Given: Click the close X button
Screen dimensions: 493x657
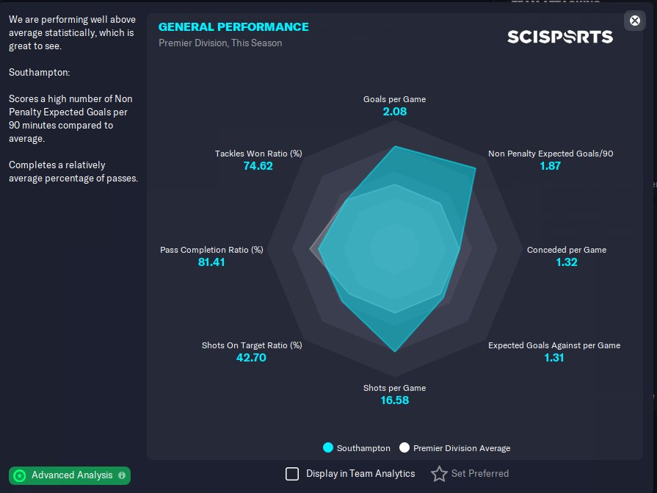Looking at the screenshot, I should tap(635, 21).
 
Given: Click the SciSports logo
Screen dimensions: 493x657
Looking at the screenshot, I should tap(560, 36).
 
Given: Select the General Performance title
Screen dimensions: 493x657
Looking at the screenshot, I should tap(233, 27).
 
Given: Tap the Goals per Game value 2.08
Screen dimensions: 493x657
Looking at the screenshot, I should tap(394, 112).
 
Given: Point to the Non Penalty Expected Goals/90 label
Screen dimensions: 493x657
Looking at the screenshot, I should tap(551, 154).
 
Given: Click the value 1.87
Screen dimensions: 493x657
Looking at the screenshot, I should tap(550, 166).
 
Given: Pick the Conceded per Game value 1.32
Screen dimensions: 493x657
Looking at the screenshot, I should tap(567, 262).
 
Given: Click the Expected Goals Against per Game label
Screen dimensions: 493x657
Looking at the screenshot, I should tap(554, 345).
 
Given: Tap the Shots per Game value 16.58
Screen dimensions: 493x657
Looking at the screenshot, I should tap(394, 400).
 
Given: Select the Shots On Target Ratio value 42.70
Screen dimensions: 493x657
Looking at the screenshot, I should tap(251, 358).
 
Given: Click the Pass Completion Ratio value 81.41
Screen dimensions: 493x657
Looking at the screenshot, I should tap(211, 262).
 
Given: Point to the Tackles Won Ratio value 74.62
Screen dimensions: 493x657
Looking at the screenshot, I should tap(258, 166).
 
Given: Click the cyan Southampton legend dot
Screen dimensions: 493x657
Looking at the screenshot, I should tap(328, 447).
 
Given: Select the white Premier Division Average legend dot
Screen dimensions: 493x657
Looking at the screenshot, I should tap(404, 447).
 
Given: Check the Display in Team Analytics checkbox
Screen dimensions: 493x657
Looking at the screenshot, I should tap(292, 474).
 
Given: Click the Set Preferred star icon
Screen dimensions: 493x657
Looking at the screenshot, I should tap(439, 474).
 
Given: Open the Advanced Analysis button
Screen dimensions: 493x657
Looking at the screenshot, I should tap(70, 475).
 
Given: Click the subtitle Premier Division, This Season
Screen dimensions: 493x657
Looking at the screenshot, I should tap(220, 43).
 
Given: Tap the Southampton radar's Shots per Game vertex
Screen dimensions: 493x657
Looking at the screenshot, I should tap(395, 351).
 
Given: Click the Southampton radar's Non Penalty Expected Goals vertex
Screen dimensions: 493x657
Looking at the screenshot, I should tap(475, 169).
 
